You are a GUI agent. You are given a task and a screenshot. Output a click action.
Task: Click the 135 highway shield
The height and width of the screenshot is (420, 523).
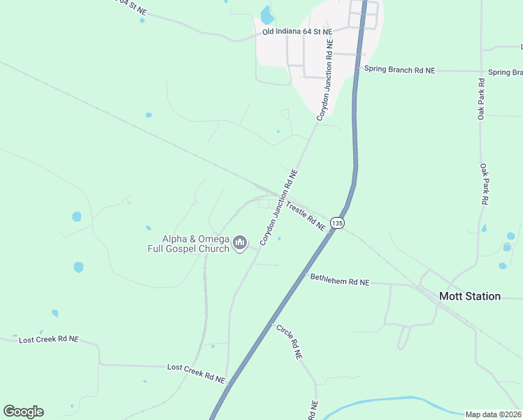[x=338, y=223]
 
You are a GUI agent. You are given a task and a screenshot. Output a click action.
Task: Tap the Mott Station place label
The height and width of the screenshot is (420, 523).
[x=469, y=296]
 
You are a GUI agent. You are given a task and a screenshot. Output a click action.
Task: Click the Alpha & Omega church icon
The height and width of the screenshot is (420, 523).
[x=240, y=243]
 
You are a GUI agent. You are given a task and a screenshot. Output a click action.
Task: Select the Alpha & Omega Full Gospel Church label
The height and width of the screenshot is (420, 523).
[x=189, y=244]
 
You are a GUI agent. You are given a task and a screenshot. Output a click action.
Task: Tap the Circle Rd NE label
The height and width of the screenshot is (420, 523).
[x=288, y=342]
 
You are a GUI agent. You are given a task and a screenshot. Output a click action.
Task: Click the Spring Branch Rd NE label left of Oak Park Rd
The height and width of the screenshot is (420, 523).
[x=399, y=70]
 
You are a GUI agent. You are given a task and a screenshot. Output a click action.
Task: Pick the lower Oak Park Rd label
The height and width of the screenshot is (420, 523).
[x=483, y=183]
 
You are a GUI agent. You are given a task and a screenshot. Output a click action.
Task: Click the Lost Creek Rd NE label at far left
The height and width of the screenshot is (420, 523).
[x=49, y=339]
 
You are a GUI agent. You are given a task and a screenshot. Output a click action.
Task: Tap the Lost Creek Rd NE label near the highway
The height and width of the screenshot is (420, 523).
[x=196, y=372]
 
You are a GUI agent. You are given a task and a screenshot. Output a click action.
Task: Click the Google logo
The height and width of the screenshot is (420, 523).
[x=23, y=412]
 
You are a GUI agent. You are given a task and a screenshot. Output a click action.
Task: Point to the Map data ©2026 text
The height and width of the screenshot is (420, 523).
[x=493, y=414]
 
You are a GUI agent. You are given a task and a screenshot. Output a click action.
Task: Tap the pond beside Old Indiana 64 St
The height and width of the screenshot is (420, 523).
[x=266, y=14]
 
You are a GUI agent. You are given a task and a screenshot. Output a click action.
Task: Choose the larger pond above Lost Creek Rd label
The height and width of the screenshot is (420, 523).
[x=78, y=267]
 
